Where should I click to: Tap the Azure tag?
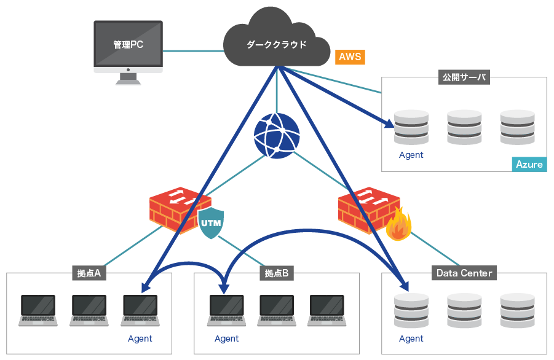pyautogui.click(x=529, y=164)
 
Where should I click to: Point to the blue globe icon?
pyautogui.click(x=277, y=136)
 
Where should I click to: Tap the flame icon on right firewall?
pyautogui.click(x=398, y=225)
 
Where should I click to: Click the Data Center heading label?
pyautogui.click(x=464, y=273)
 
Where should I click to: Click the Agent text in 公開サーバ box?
pyautogui.click(x=411, y=155)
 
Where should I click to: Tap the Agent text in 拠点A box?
pyautogui.click(x=140, y=338)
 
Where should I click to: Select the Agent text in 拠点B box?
pyautogui.click(x=226, y=338)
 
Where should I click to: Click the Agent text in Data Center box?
pyautogui.click(x=411, y=338)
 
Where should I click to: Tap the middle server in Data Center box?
pyautogui.click(x=464, y=310)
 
